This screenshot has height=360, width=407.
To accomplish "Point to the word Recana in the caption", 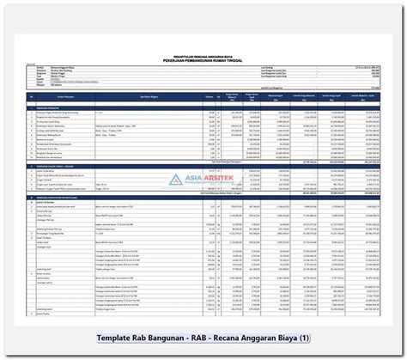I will [x=273, y=339].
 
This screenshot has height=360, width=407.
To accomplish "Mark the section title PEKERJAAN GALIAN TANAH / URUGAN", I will [x=67, y=164].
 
